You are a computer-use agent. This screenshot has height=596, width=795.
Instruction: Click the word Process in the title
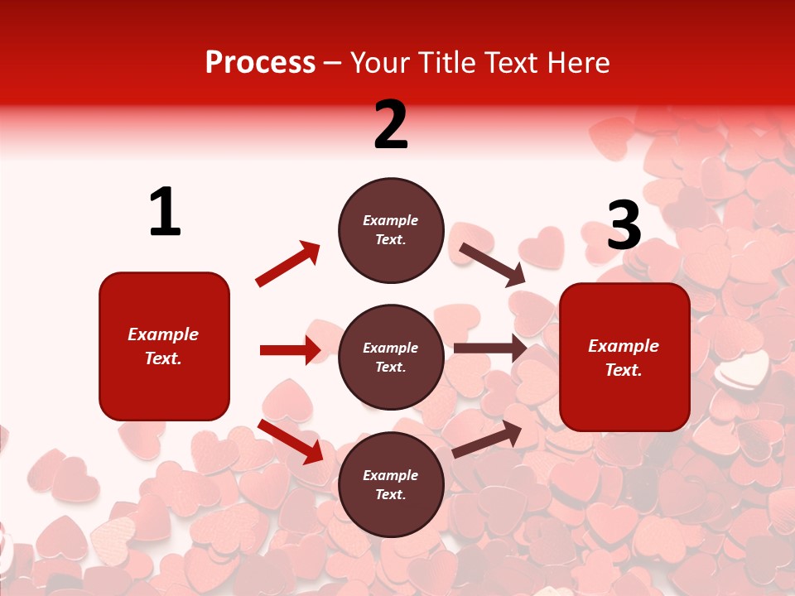tap(260, 63)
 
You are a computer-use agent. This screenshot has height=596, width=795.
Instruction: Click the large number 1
tap(165, 213)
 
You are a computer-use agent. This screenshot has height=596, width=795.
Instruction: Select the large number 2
tap(391, 125)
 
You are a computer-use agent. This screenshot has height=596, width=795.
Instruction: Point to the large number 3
tap(624, 225)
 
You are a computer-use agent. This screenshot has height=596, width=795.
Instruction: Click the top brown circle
tap(391, 230)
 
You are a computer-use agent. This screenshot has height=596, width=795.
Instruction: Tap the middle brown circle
tap(391, 357)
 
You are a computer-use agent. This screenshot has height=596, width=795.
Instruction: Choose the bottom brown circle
tap(391, 484)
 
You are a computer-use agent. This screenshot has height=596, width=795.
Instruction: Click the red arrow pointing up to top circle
tap(287, 264)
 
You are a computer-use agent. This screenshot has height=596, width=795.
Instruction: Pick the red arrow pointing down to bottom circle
tap(291, 441)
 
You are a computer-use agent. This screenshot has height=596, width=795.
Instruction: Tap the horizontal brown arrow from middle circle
tap(489, 348)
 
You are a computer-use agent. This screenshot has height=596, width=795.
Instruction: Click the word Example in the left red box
tap(163, 334)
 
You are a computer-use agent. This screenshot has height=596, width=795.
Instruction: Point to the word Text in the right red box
tap(623, 370)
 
